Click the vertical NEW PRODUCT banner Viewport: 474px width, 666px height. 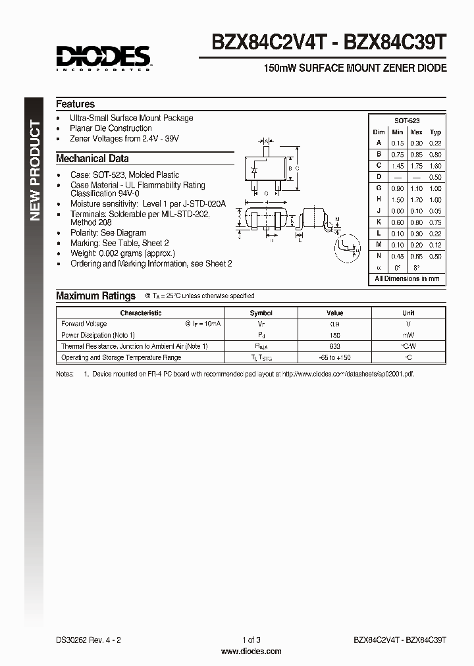coord(36,171)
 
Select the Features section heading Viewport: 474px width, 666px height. coord(75,104)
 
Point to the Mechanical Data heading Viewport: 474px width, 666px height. coord(92,158)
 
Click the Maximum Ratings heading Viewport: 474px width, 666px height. coord(95,296)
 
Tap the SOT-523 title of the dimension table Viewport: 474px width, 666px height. coord(407,121)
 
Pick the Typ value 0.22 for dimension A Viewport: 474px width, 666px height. coord(435,143)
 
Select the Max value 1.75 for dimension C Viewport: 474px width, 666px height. coord(416,166)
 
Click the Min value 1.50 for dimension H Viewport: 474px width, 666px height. coord(397,199)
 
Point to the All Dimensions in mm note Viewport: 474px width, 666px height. coord(407,279)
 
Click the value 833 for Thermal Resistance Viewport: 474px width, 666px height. coord(335,346)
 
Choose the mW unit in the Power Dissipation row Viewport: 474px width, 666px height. coord(408,335)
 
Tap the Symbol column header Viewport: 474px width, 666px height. coord(261,313)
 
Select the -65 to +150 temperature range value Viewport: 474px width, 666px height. coord(335,357)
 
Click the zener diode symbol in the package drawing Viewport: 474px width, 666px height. coord(255,170)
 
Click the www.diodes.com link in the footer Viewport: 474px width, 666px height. coord(251,652)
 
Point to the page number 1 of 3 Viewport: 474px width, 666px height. coord(251,640)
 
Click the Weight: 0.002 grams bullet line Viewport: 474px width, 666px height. coord(122,253)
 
